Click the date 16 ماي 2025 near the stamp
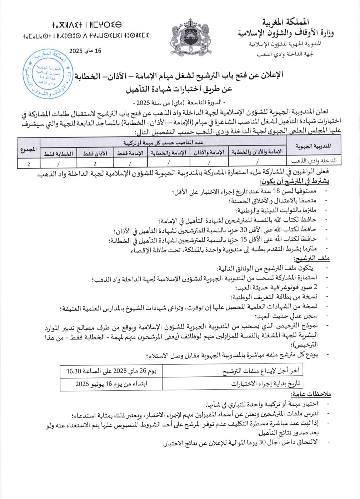86,50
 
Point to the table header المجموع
29,150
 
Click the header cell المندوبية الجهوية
313,146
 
